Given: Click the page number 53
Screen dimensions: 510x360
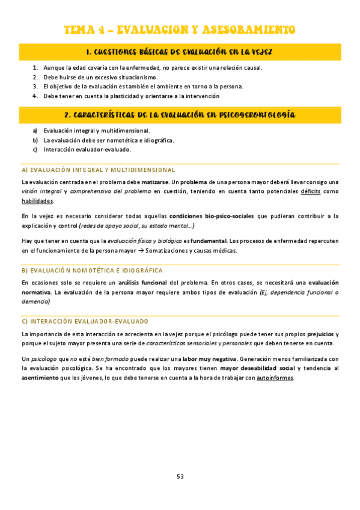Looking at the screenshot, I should tap(180, 476).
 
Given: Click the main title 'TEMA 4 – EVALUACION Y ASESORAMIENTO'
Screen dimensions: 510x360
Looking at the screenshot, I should tap(180, 29).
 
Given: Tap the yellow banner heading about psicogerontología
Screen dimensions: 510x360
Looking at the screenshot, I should tap(180, 114).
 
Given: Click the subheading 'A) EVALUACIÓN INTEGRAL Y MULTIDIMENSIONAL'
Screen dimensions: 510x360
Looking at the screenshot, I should tap(98, 170).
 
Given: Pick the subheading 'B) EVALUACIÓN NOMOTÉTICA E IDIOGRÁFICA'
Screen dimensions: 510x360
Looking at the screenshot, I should tap(91, 271).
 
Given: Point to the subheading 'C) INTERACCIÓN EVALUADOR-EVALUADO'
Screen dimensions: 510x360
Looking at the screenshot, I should tap(84, 321).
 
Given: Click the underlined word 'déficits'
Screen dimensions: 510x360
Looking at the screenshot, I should tap(310, 191).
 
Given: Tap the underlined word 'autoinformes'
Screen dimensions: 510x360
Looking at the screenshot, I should tap(275, 378).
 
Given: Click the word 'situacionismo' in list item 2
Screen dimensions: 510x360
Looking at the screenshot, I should tap(138, 77).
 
